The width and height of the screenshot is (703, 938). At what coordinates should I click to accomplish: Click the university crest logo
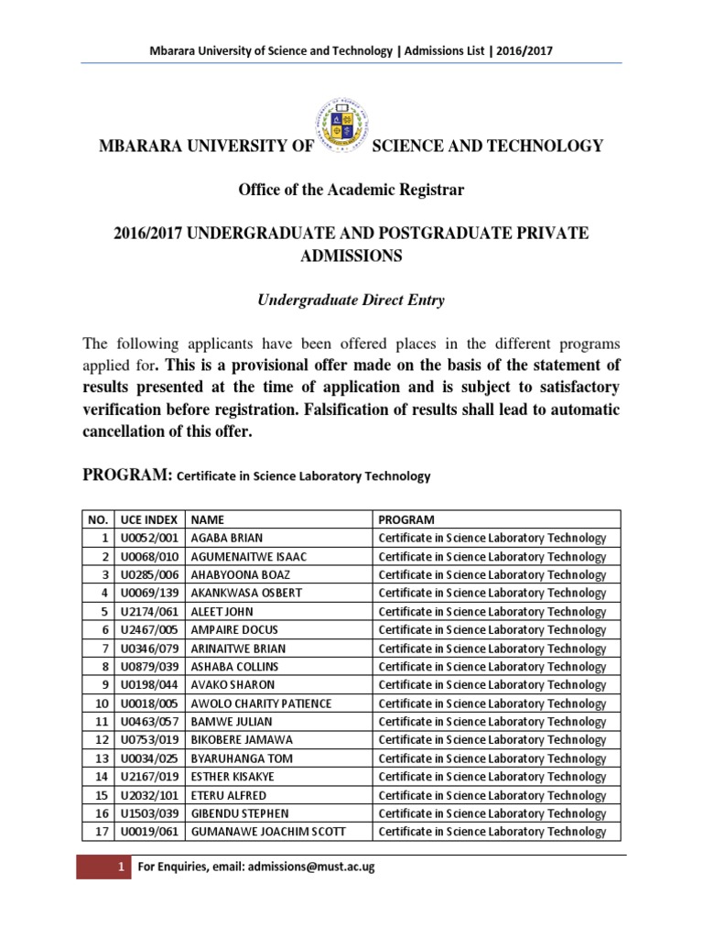pos(341,123)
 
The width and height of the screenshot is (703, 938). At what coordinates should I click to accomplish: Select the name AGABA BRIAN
pos(227,538)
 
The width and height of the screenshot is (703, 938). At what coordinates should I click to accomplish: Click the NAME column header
pos(207,519)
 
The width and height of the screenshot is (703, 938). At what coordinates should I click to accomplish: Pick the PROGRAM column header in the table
pos(406,519)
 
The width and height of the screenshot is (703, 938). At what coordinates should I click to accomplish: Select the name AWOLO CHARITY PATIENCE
pos(260,703)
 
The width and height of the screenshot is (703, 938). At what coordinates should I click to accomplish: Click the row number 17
pos(98,832)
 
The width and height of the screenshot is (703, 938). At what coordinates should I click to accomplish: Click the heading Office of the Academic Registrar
pos(351,190)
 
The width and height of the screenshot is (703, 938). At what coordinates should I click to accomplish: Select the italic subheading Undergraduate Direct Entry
pos(351,300)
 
